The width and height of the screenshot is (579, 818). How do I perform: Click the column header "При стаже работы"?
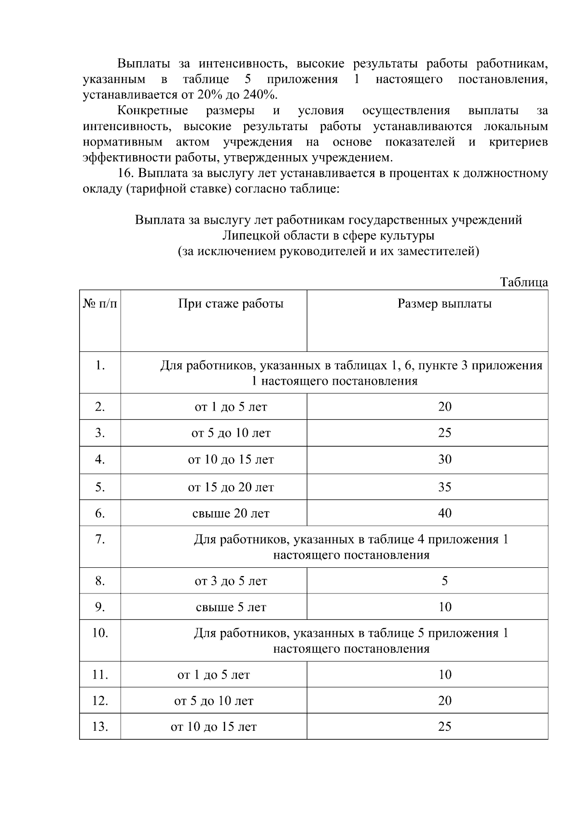tap(231, 304)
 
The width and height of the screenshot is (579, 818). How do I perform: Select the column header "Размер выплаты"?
tap(444, 304)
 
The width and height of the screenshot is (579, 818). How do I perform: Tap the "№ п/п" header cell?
tap(100, 304)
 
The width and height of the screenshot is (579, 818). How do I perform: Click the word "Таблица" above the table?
tap(524, 282)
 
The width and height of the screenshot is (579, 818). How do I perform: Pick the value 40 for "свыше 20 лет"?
tap(444, 513)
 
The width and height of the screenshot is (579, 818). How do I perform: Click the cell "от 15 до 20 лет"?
tap(231, 487)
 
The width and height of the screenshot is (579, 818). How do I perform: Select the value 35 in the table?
tap(444, 487)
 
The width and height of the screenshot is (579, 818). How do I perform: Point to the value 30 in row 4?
tap(444, 459)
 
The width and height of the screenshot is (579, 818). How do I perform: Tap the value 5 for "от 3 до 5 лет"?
tap(444, 581)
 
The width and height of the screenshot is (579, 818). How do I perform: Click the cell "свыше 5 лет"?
tap(231, 607)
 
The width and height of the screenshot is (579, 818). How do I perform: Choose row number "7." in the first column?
tap(100, 539)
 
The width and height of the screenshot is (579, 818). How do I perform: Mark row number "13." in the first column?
tap(100, 726)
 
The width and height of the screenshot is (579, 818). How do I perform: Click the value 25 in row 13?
tap(444, 726)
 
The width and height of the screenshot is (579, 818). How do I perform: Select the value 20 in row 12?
tap(444, 700)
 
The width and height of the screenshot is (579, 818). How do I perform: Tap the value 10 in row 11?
tap(444, 674)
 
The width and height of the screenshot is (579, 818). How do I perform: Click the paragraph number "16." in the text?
tap(126, 173)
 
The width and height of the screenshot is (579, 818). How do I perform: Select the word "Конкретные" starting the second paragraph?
tap(152, 110)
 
